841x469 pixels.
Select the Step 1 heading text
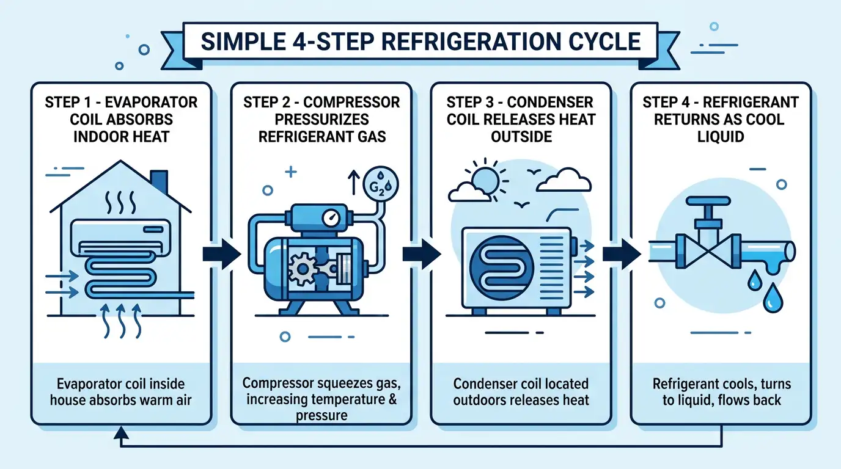pyautogui.click(x=121, y=118)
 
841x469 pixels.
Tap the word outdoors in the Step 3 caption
pyautogui.click(x=478, y=401)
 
